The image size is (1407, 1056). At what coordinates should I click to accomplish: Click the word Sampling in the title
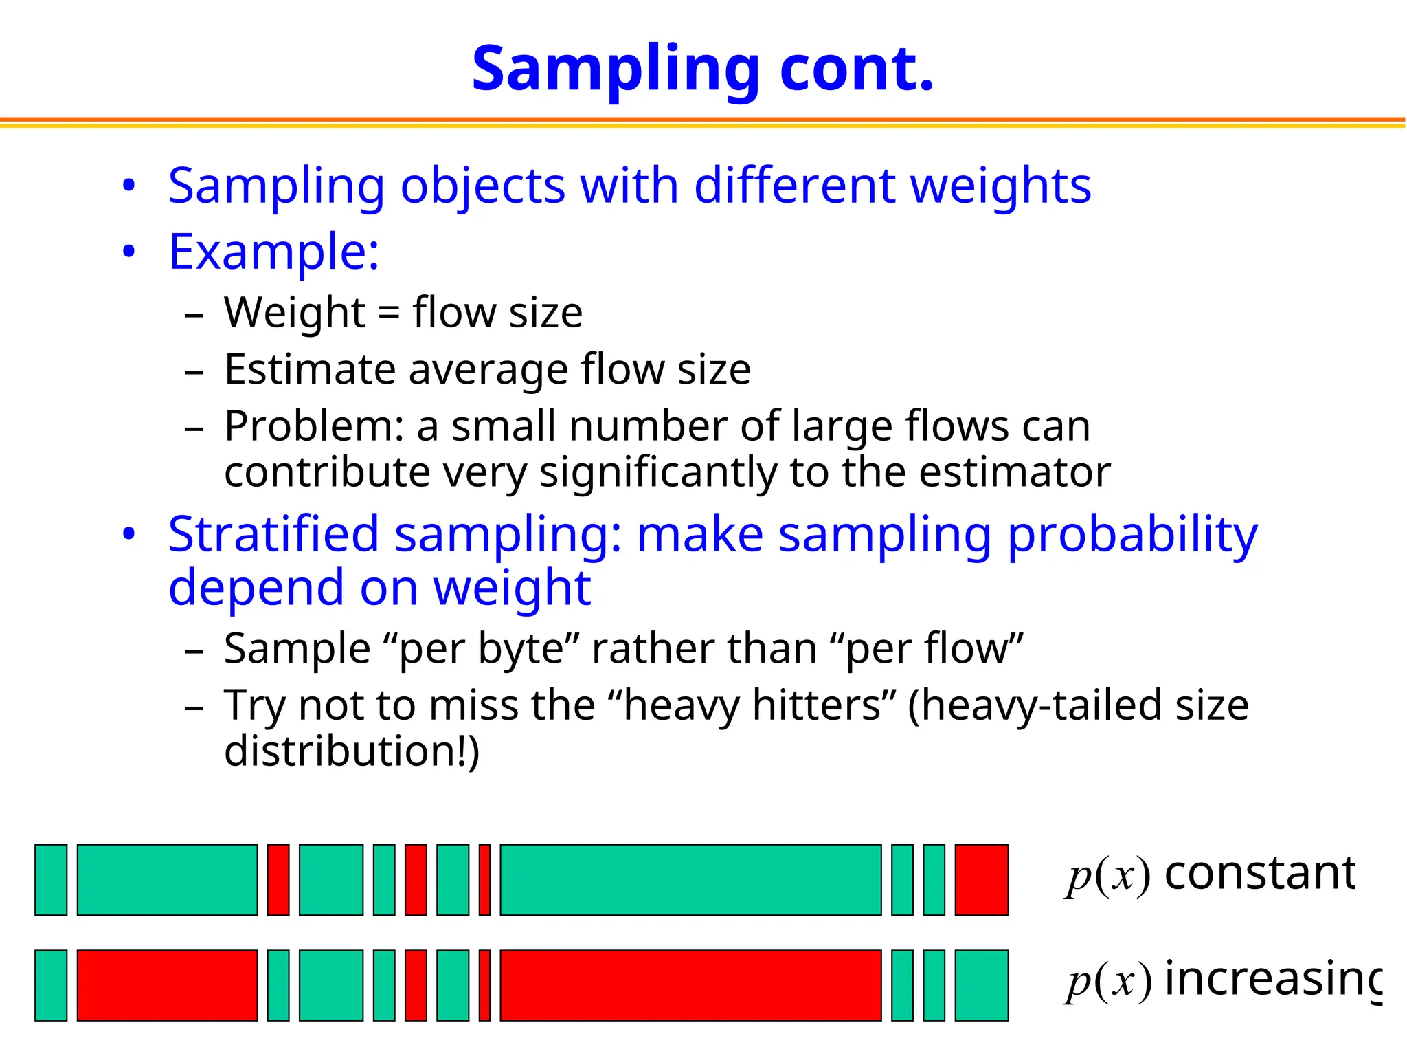[615, 71]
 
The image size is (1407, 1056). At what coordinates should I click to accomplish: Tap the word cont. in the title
[857, 69]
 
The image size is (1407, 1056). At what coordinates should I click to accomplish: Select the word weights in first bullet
[1000, 187]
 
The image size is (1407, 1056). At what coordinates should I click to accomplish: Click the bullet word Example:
[273, 252]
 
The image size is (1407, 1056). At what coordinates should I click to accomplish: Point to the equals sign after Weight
[388, 313]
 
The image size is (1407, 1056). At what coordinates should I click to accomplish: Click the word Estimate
[309, 371]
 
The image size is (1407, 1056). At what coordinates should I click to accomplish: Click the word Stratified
[273, 535]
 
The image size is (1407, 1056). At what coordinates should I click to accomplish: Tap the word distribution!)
[352, 751]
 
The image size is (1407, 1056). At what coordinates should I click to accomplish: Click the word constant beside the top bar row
[1259, 873]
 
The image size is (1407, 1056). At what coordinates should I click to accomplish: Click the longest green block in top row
[690, 880]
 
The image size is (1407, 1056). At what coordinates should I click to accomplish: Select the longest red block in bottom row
[690, 985]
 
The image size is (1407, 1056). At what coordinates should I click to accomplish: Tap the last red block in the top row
[981, 880]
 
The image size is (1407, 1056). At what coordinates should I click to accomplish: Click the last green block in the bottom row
[981, 985]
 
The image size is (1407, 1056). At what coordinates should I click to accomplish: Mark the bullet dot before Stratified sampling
[129, 535]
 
